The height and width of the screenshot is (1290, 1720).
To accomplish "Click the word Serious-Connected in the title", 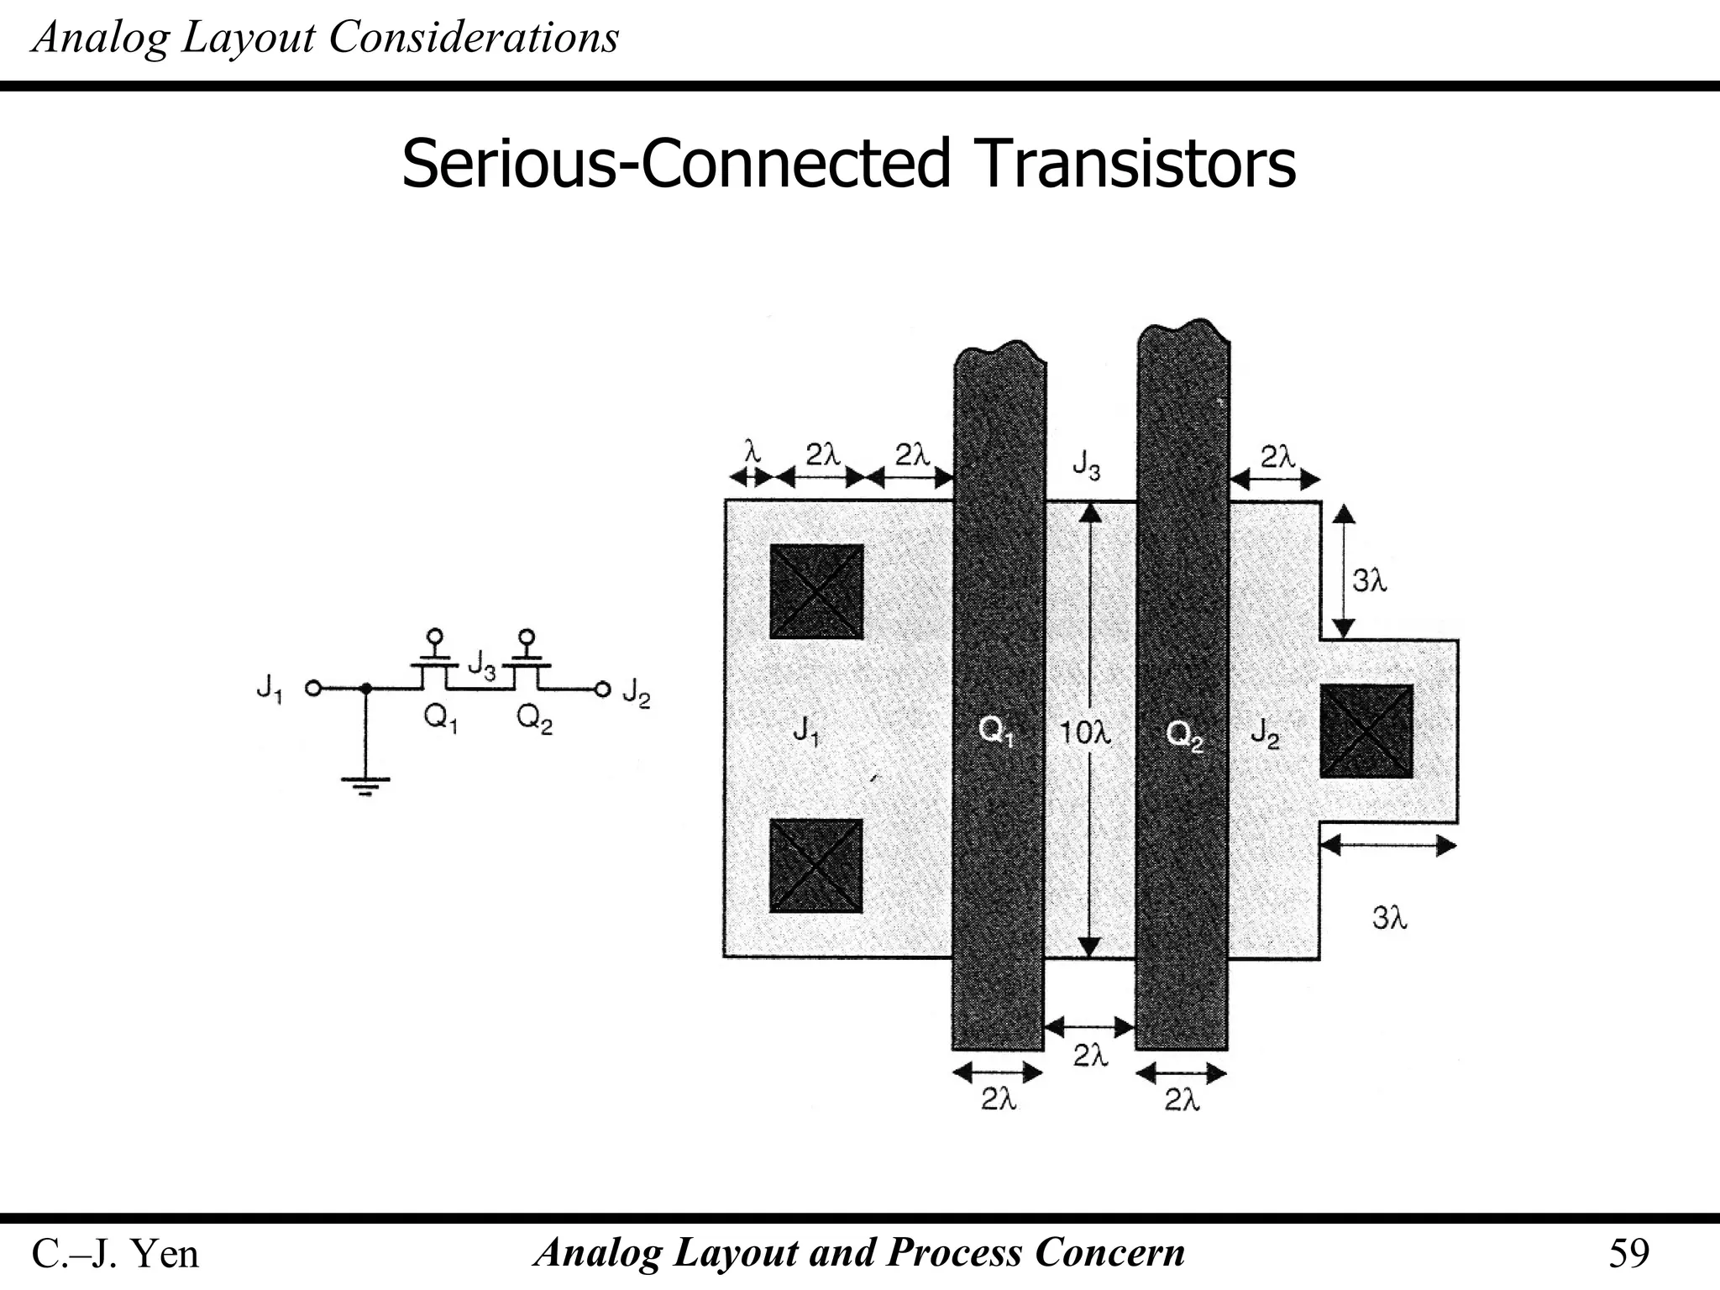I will coord(675,164).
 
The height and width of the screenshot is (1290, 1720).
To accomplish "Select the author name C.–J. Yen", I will coord(115,1254).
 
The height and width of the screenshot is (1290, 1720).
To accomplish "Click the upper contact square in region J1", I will coord(816,591).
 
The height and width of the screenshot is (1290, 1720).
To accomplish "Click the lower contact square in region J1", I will coord(816,866).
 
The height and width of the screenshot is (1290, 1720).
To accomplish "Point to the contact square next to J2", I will coord(1366,731).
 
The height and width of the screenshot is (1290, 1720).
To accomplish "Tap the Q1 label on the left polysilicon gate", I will coord(997,732).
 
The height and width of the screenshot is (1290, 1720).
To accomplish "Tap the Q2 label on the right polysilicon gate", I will coord(1184,736).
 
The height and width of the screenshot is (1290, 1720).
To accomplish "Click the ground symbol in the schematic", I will coord(364,785).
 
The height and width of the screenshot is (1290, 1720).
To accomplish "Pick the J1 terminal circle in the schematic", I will coord(312,689).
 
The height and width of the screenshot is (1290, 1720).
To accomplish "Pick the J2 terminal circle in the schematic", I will coord(601,690).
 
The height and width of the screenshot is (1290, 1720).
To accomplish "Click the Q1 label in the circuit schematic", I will coord(440,719).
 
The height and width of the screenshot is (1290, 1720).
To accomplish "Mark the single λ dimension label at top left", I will coord(752,454).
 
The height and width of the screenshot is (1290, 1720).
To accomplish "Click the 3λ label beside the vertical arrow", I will coord(1369,579).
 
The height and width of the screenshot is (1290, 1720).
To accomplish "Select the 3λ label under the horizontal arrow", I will coord(1389,918).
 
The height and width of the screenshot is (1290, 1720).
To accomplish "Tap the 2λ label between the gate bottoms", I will coord(1090,1056).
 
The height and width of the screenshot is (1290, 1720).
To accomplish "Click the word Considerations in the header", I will coord(474,38).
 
